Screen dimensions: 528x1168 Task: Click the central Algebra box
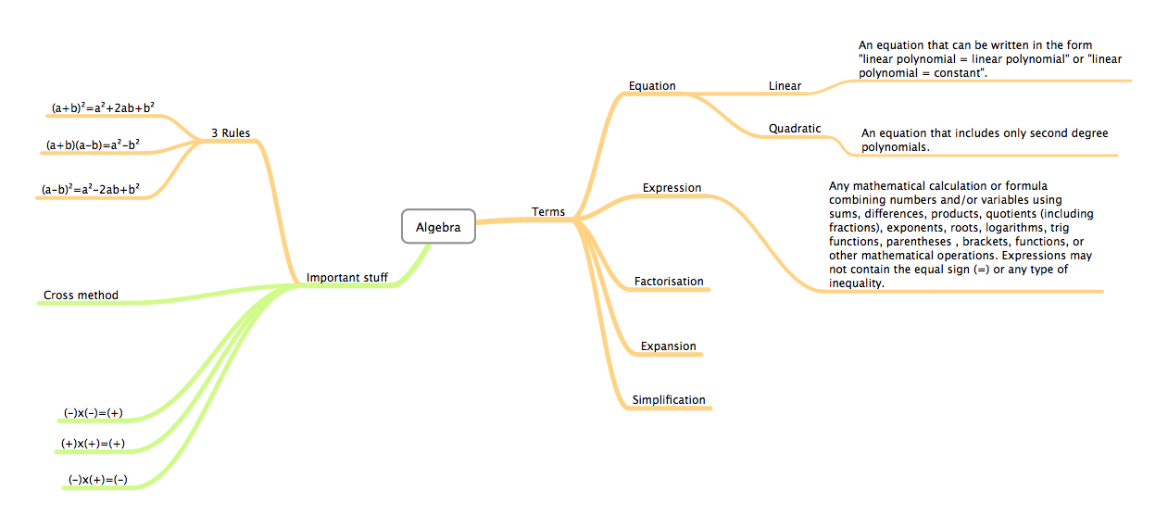tap(438, 227)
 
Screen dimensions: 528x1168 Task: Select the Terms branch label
tap(548, 212)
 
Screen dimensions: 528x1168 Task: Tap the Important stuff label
tap(347, 277)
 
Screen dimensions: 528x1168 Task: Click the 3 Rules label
tap(231, 133)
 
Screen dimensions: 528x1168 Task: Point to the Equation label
tap(652, 86)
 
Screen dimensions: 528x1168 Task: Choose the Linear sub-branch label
tap(785, 86)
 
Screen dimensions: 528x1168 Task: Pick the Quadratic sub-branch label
tap(795, 129)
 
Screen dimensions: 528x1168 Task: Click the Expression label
tap(672, 188)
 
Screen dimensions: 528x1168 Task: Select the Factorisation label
tap(669, 282)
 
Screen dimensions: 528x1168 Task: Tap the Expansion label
tap(668, 346)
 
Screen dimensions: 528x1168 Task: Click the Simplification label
tap(669, 400)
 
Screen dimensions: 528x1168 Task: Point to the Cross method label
tap(82, 295)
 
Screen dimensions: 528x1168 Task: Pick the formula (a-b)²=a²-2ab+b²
tap(91, 190)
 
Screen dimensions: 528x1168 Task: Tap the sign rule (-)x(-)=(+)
tap(94, 413)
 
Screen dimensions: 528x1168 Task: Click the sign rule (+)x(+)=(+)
tap(94, 444)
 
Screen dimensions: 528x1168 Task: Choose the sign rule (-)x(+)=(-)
tap(97, 480)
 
